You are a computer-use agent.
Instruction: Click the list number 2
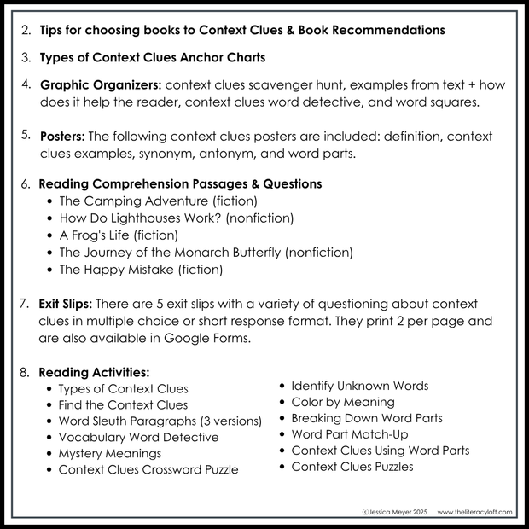point(26,30)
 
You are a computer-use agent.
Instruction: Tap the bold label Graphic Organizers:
point(101,85)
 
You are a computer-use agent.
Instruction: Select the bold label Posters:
point(62,136)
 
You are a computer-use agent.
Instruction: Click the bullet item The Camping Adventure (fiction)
point(158,201)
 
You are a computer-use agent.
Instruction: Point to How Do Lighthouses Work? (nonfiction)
point(176,218)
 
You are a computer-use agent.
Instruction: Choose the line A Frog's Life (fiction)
point(118,235)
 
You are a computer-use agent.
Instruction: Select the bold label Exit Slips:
point(67,304)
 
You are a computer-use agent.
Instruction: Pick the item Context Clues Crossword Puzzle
point(148,469)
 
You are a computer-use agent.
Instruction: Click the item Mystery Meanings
point(109,453)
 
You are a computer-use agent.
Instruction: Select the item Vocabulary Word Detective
point(138,437)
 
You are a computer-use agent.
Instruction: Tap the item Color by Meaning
point(342,402)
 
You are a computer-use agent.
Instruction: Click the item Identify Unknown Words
point(359,386)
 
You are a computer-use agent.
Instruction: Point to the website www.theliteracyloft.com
point(475,512)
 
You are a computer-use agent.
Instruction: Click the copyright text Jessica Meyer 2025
point(396,512)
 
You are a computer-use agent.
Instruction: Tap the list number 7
point(26,305)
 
